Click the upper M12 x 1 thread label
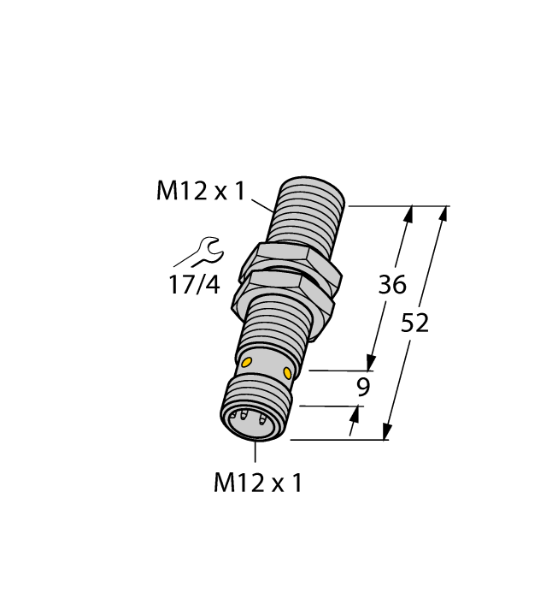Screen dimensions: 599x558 (x=200, y=192)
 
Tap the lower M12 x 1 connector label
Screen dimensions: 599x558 (x=257, y=483)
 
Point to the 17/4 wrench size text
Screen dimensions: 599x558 (x=193, y=285)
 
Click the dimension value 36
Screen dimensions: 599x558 (x=392, y=285)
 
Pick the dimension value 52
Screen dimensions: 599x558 (x=414, y=323)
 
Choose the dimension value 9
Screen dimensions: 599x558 (x=363, y=388)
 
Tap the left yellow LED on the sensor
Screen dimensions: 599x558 (x=246, y=364)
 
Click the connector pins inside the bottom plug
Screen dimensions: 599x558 (x=249, y=420)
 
